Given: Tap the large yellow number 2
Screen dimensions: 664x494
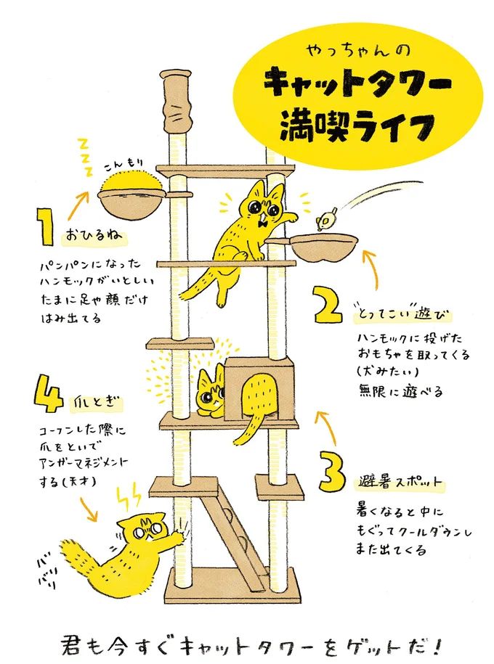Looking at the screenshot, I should tap(328, 306).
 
